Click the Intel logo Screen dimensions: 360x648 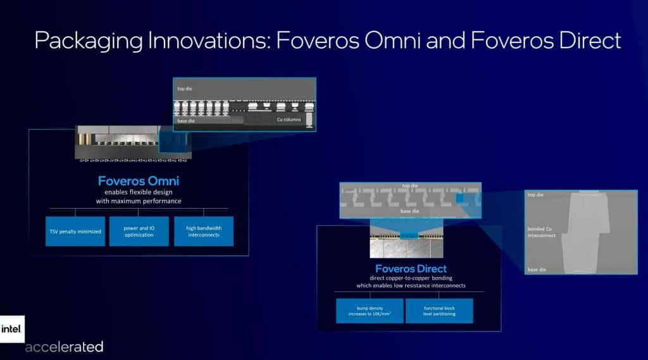(12, 329)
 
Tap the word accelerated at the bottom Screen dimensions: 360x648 (64, 347)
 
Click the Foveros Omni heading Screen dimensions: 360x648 (139, 181)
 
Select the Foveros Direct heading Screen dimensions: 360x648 (411, 268)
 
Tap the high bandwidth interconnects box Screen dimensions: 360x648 (204, 232)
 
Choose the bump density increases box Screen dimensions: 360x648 (370, 311)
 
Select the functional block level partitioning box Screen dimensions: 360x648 (439, 311)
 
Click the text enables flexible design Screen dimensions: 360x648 (139, 192)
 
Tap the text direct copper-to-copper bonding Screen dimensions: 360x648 (411, 278)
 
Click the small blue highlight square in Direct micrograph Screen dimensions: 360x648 (459, 199)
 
